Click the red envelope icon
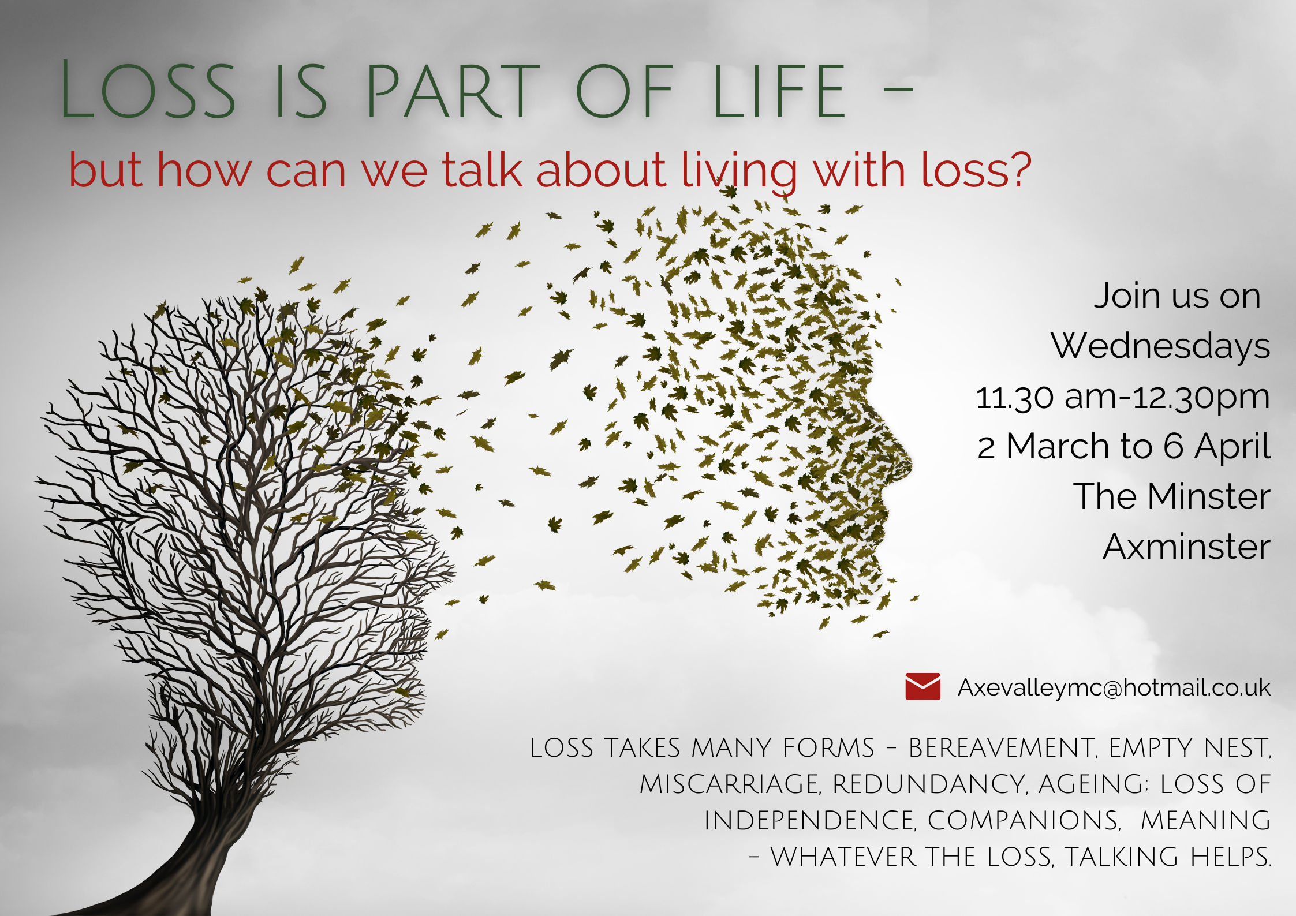click(922, 686)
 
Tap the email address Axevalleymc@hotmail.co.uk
click(1114, 687)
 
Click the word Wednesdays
click(1160, 346)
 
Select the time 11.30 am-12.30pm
click(1123, 397)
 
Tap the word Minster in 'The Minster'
click(1209, 496)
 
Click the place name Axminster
click(1187, 547)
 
